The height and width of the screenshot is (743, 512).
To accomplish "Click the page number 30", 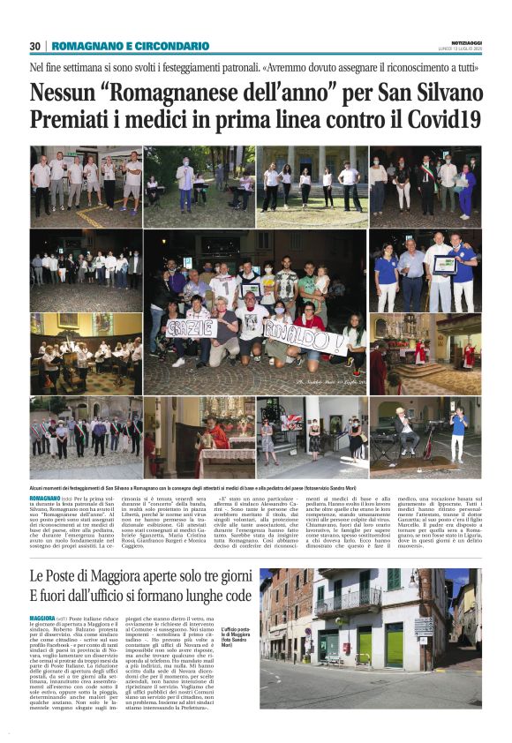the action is (x=35, y=46).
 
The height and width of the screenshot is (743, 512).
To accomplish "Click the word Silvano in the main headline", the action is (x=442, y=92).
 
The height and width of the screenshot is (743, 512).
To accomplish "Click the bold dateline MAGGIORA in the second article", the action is (x=43, y=619).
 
